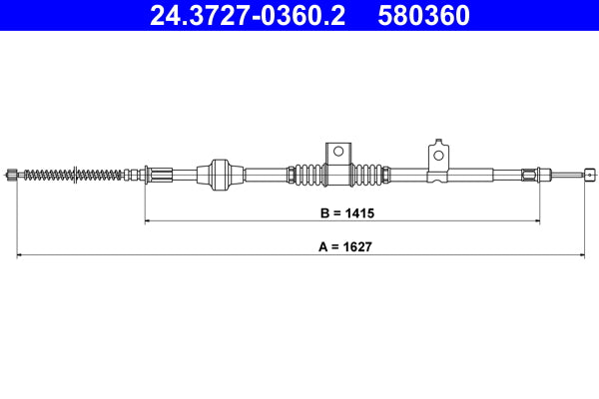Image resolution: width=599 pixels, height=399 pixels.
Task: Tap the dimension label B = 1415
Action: pos(342,212)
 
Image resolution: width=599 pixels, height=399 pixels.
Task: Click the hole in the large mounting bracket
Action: pos(338,153)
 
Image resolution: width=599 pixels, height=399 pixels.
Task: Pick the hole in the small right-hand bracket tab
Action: pos(437,155)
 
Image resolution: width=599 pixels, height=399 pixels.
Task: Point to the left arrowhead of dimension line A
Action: pos(20,255)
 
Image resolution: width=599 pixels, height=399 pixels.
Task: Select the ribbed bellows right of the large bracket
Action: pos(370,174)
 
